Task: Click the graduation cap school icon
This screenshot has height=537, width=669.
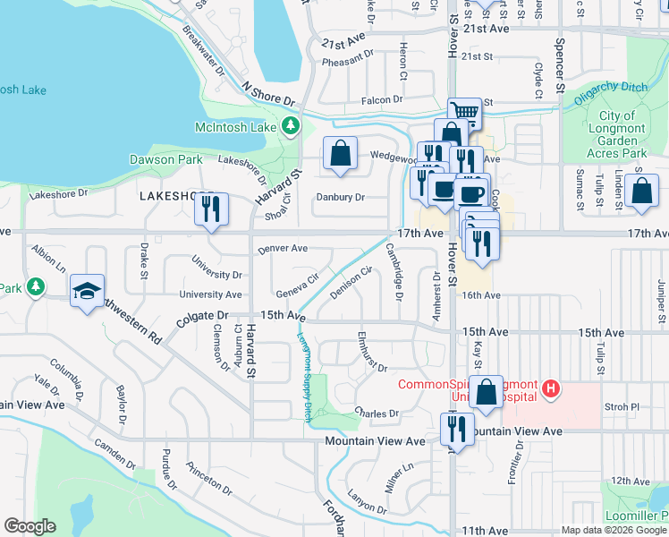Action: tap(87, 290)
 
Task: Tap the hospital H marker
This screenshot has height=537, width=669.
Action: tap(551, 389)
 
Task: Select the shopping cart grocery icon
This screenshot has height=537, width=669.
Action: tap(464, 112)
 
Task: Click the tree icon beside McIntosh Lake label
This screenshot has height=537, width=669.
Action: tap(291, 128)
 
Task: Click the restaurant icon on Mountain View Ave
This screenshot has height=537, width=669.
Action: tap(457, 429)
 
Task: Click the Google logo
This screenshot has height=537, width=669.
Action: tap(30, 526)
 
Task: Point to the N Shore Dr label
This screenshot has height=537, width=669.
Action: tap(268, 94)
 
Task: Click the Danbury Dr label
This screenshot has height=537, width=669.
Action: tap(341, 197)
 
